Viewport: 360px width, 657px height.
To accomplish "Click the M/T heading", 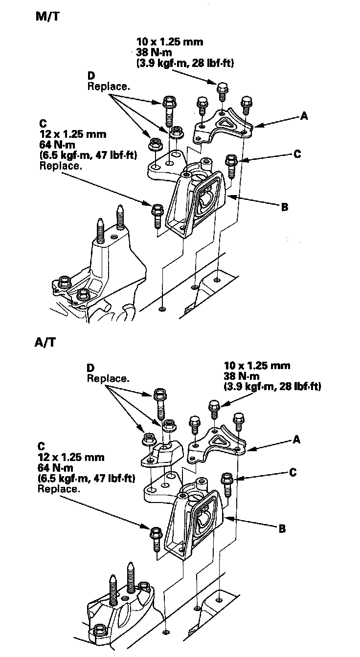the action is [x=47, y=17].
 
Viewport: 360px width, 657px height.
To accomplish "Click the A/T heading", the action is [x=45, y=342].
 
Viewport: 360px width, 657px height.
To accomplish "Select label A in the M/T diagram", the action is [x=304, y=116].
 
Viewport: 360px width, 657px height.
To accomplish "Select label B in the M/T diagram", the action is [x=284, y=207].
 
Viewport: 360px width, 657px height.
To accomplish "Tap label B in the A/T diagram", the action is [x=282, y=529].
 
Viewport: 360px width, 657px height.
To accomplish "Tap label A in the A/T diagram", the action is [x=296, y=439].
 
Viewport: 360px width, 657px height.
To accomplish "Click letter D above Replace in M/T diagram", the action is [x=91, y=76].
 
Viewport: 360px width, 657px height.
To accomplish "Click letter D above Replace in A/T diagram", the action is [x=90, y=368].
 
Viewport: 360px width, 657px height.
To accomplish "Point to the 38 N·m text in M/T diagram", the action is [x=154, y=52].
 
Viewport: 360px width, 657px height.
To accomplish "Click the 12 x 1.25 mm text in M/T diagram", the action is [x=73, y=134].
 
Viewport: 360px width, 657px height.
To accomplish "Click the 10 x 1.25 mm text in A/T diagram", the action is [x=257, y=366].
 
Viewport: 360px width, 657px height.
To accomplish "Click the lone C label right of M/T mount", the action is [x=297, y=154].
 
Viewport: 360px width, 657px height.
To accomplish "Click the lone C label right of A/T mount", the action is [x=293, y=473].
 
